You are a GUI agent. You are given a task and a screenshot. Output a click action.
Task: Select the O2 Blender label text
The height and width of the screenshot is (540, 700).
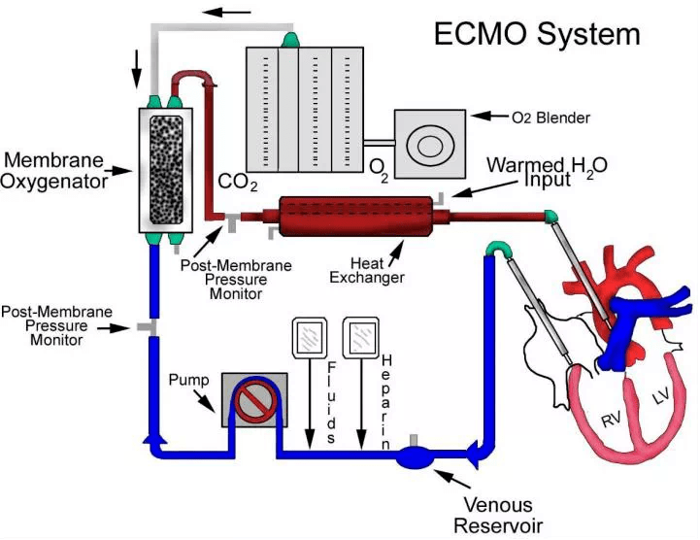click(x=550, y=118)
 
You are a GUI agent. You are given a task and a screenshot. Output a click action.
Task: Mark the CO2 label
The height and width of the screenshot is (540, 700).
click(x=238, y=182)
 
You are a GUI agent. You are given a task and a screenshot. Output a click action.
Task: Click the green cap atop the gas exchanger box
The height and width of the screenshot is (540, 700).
click(x=290, y=40)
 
